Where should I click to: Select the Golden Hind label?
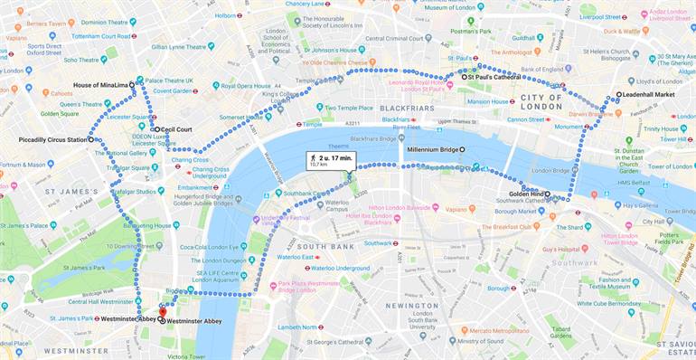click(x=524, y=194)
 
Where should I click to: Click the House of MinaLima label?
click(x=100, y=85)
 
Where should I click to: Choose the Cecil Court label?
click(x=176, y=129)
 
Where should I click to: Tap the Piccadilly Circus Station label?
click(x=52, y=140)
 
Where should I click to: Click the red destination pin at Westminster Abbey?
click(x=163, y=310)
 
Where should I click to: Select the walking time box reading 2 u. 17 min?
click(x=331, y=160)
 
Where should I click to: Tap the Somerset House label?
click(x=240, y=117)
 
